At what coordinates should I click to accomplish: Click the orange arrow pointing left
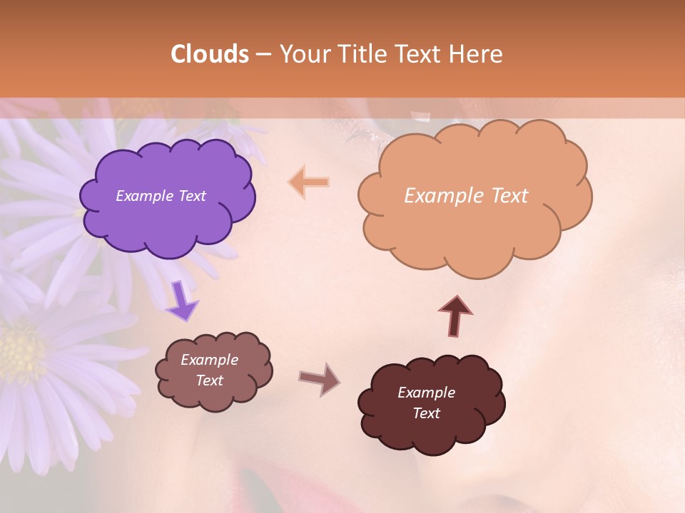click(x=309, y=182)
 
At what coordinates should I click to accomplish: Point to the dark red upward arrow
click(x=455, y=316)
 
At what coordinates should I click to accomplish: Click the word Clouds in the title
click(x=210, y=54)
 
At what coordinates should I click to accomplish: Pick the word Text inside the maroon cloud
click(x=426, y=413)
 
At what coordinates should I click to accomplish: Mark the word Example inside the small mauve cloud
click(x=209, y=360)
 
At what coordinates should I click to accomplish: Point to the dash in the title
click(x=263, y=54)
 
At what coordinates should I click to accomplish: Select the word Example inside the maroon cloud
click(x=426, y=393)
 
